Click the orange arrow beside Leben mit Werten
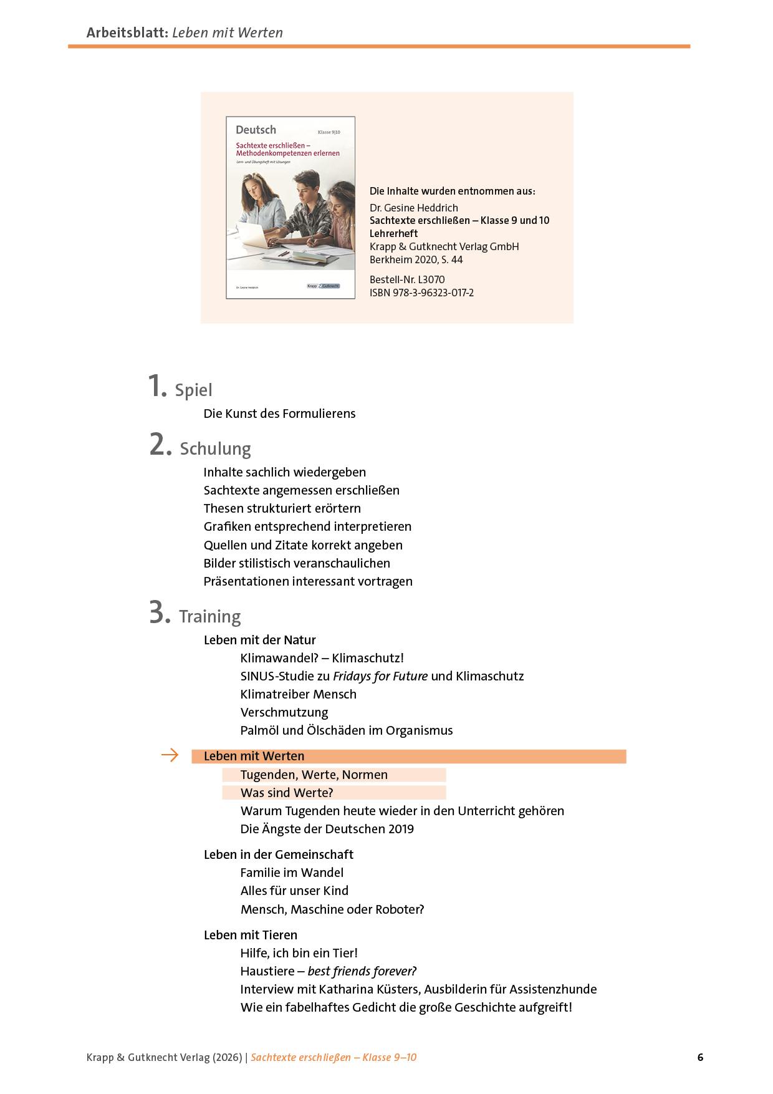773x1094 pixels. coord(170,756)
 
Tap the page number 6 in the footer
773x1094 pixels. coord(700,1057)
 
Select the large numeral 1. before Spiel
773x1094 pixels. coord(158,386)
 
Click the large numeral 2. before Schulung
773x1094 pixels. coord(160,445)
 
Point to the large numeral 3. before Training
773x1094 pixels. coord(160,613)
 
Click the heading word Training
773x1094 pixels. coord(209,616)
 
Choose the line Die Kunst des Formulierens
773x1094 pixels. coord(279,414)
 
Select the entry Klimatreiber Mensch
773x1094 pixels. coord(298,694)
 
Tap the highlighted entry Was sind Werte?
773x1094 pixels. coord(287,793)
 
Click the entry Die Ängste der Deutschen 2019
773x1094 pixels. coord(327,829)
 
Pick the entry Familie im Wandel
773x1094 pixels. coord(292,873)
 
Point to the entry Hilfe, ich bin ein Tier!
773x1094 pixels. coord(299,953)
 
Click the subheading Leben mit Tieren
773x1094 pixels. coord(251,935)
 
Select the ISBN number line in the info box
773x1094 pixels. coord(421,293)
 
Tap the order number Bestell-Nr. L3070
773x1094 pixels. coord(407,279)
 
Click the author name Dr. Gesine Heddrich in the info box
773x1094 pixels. coord(413,208)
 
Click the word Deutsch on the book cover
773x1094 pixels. coord(256,130)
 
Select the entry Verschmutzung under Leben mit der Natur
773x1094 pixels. coord(284,712)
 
